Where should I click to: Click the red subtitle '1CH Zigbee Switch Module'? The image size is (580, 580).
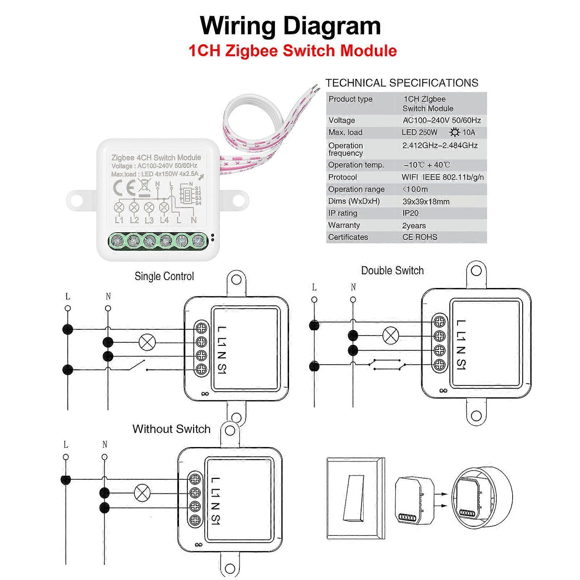(292, 51)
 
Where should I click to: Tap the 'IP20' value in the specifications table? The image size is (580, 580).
(410, 213)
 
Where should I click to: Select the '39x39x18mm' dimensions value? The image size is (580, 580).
(426, 201)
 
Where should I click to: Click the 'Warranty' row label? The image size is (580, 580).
(344, 225)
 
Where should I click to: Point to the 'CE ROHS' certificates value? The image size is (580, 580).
(420, 237)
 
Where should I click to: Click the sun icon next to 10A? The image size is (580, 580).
(454, 133)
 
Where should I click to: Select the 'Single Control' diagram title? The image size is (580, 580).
(164, 276)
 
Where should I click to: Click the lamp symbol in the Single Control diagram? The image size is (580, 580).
(147, 342)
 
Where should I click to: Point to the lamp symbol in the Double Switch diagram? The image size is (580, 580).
(391, 335)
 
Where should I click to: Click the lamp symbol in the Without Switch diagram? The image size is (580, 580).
(142, 493)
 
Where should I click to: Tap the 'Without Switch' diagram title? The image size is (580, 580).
(171, 429)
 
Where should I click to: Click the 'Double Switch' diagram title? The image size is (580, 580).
(392, 271)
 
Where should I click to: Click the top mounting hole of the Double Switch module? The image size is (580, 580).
(476, 271)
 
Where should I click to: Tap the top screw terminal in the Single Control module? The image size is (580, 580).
(201, 328)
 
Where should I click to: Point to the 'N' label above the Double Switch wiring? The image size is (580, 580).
(353, 287)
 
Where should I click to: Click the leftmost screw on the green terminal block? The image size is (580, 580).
(117, 241)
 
